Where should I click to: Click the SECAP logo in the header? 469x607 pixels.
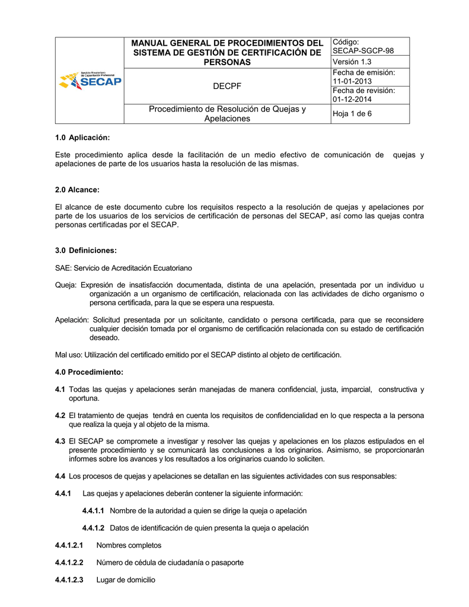(90, 81)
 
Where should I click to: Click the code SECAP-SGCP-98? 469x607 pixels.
(363, 51)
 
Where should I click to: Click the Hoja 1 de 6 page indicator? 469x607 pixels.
(352, 114)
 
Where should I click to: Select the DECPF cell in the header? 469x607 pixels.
(227, 87)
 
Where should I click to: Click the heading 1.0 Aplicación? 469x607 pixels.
(82, 138)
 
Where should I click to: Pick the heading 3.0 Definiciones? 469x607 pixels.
(86, 250)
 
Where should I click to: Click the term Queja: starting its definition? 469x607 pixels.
(66, 285)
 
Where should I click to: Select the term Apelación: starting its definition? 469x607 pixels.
(72, 320)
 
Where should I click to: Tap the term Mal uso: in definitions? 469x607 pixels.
(69, 354)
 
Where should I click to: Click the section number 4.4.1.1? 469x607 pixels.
(93, 510)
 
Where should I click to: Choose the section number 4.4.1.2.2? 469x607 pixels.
(69, 563)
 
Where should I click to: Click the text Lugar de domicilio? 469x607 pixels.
(126, 580)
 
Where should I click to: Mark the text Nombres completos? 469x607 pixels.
(129, 545)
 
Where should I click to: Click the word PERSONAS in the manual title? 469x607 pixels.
(227, 62)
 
